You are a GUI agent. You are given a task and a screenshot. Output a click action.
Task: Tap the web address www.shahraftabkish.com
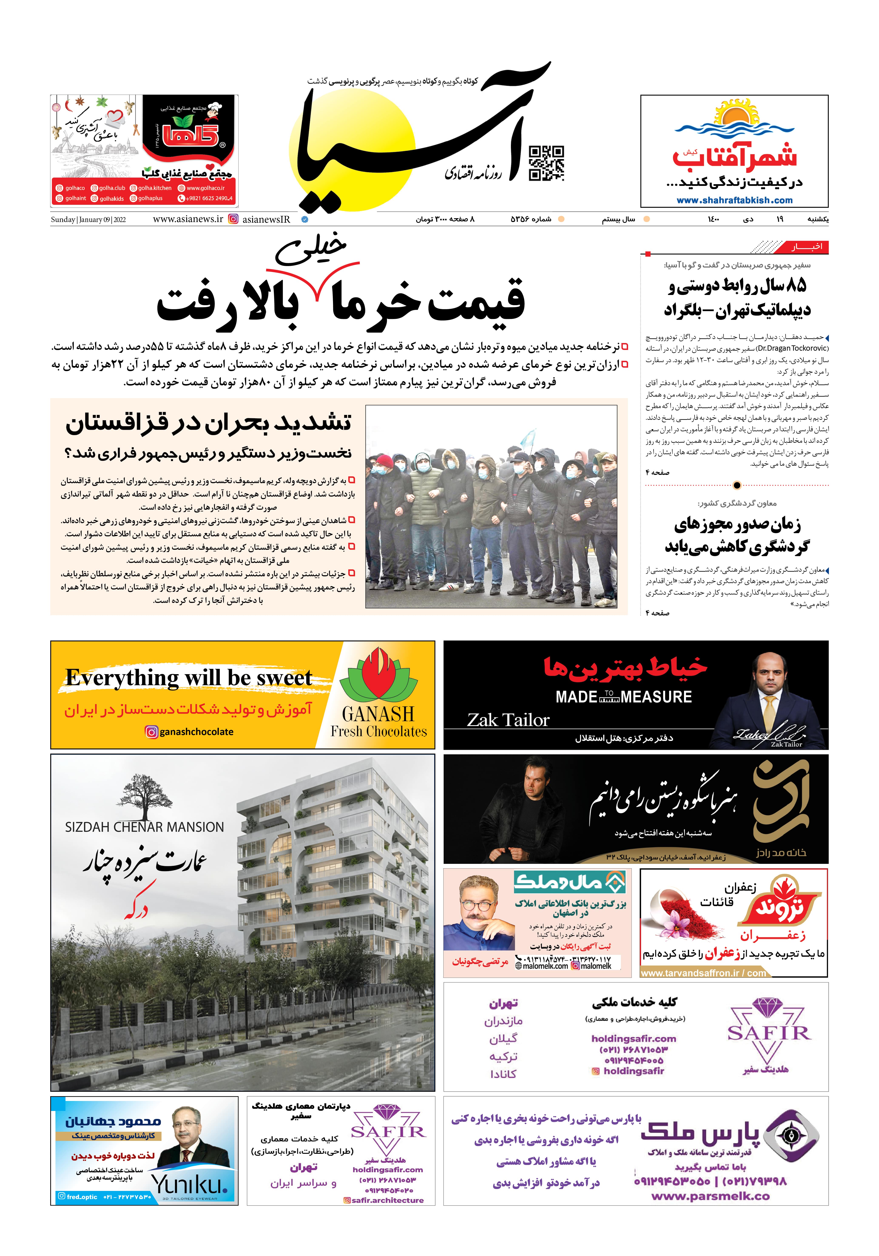point(734,200)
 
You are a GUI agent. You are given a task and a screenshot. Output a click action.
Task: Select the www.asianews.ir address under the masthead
point(188,219)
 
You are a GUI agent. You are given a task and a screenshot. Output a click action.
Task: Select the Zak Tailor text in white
point(508,720)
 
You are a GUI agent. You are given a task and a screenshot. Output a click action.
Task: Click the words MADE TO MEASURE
point(624,697)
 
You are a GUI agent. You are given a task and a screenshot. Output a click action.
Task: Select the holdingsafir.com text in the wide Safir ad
point(633,1038)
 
